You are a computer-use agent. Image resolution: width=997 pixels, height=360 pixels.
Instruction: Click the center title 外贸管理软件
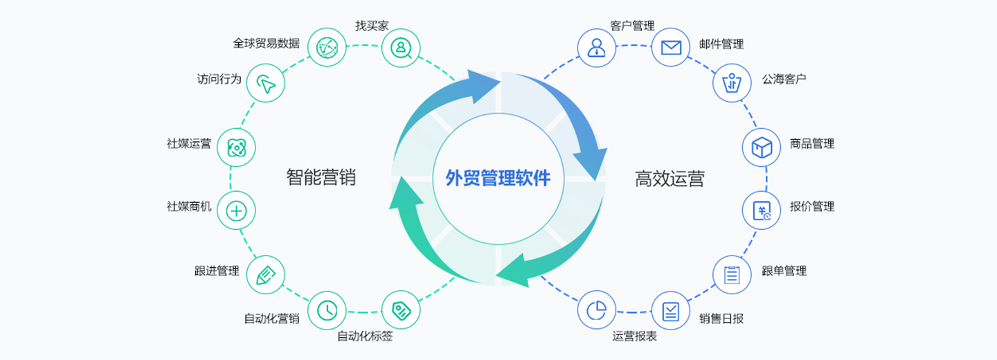point(498,178)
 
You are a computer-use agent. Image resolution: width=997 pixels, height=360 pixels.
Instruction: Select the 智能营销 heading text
point(321,178)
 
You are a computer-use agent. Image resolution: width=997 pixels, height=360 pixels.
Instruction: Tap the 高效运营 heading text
point(670,179)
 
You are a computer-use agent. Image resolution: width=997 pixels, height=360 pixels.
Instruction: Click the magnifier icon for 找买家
point(401,47)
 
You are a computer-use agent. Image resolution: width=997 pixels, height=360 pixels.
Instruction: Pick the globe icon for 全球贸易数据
point(326,47)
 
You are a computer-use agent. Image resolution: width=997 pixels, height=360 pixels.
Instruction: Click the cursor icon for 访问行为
point(266,83)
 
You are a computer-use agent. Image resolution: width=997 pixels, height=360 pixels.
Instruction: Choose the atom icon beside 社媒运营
point(236,147)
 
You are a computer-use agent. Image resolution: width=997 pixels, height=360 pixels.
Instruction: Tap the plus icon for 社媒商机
point(236,211)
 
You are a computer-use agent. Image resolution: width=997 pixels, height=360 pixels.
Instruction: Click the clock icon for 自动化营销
point(326,310)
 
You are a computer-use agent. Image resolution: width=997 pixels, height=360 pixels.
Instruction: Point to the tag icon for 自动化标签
point(401,310)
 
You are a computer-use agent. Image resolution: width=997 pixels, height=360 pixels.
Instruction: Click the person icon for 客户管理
point(596,47)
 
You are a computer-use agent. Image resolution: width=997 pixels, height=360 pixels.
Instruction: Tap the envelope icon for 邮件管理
point(671,47)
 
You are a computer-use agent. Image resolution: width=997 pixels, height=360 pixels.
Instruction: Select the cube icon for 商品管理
point(762,147)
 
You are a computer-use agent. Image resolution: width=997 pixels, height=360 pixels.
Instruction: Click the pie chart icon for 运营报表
point(596,310)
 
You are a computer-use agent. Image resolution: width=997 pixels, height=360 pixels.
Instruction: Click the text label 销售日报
point(721,318)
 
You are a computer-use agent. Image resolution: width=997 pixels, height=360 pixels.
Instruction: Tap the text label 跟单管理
point(784,271)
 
